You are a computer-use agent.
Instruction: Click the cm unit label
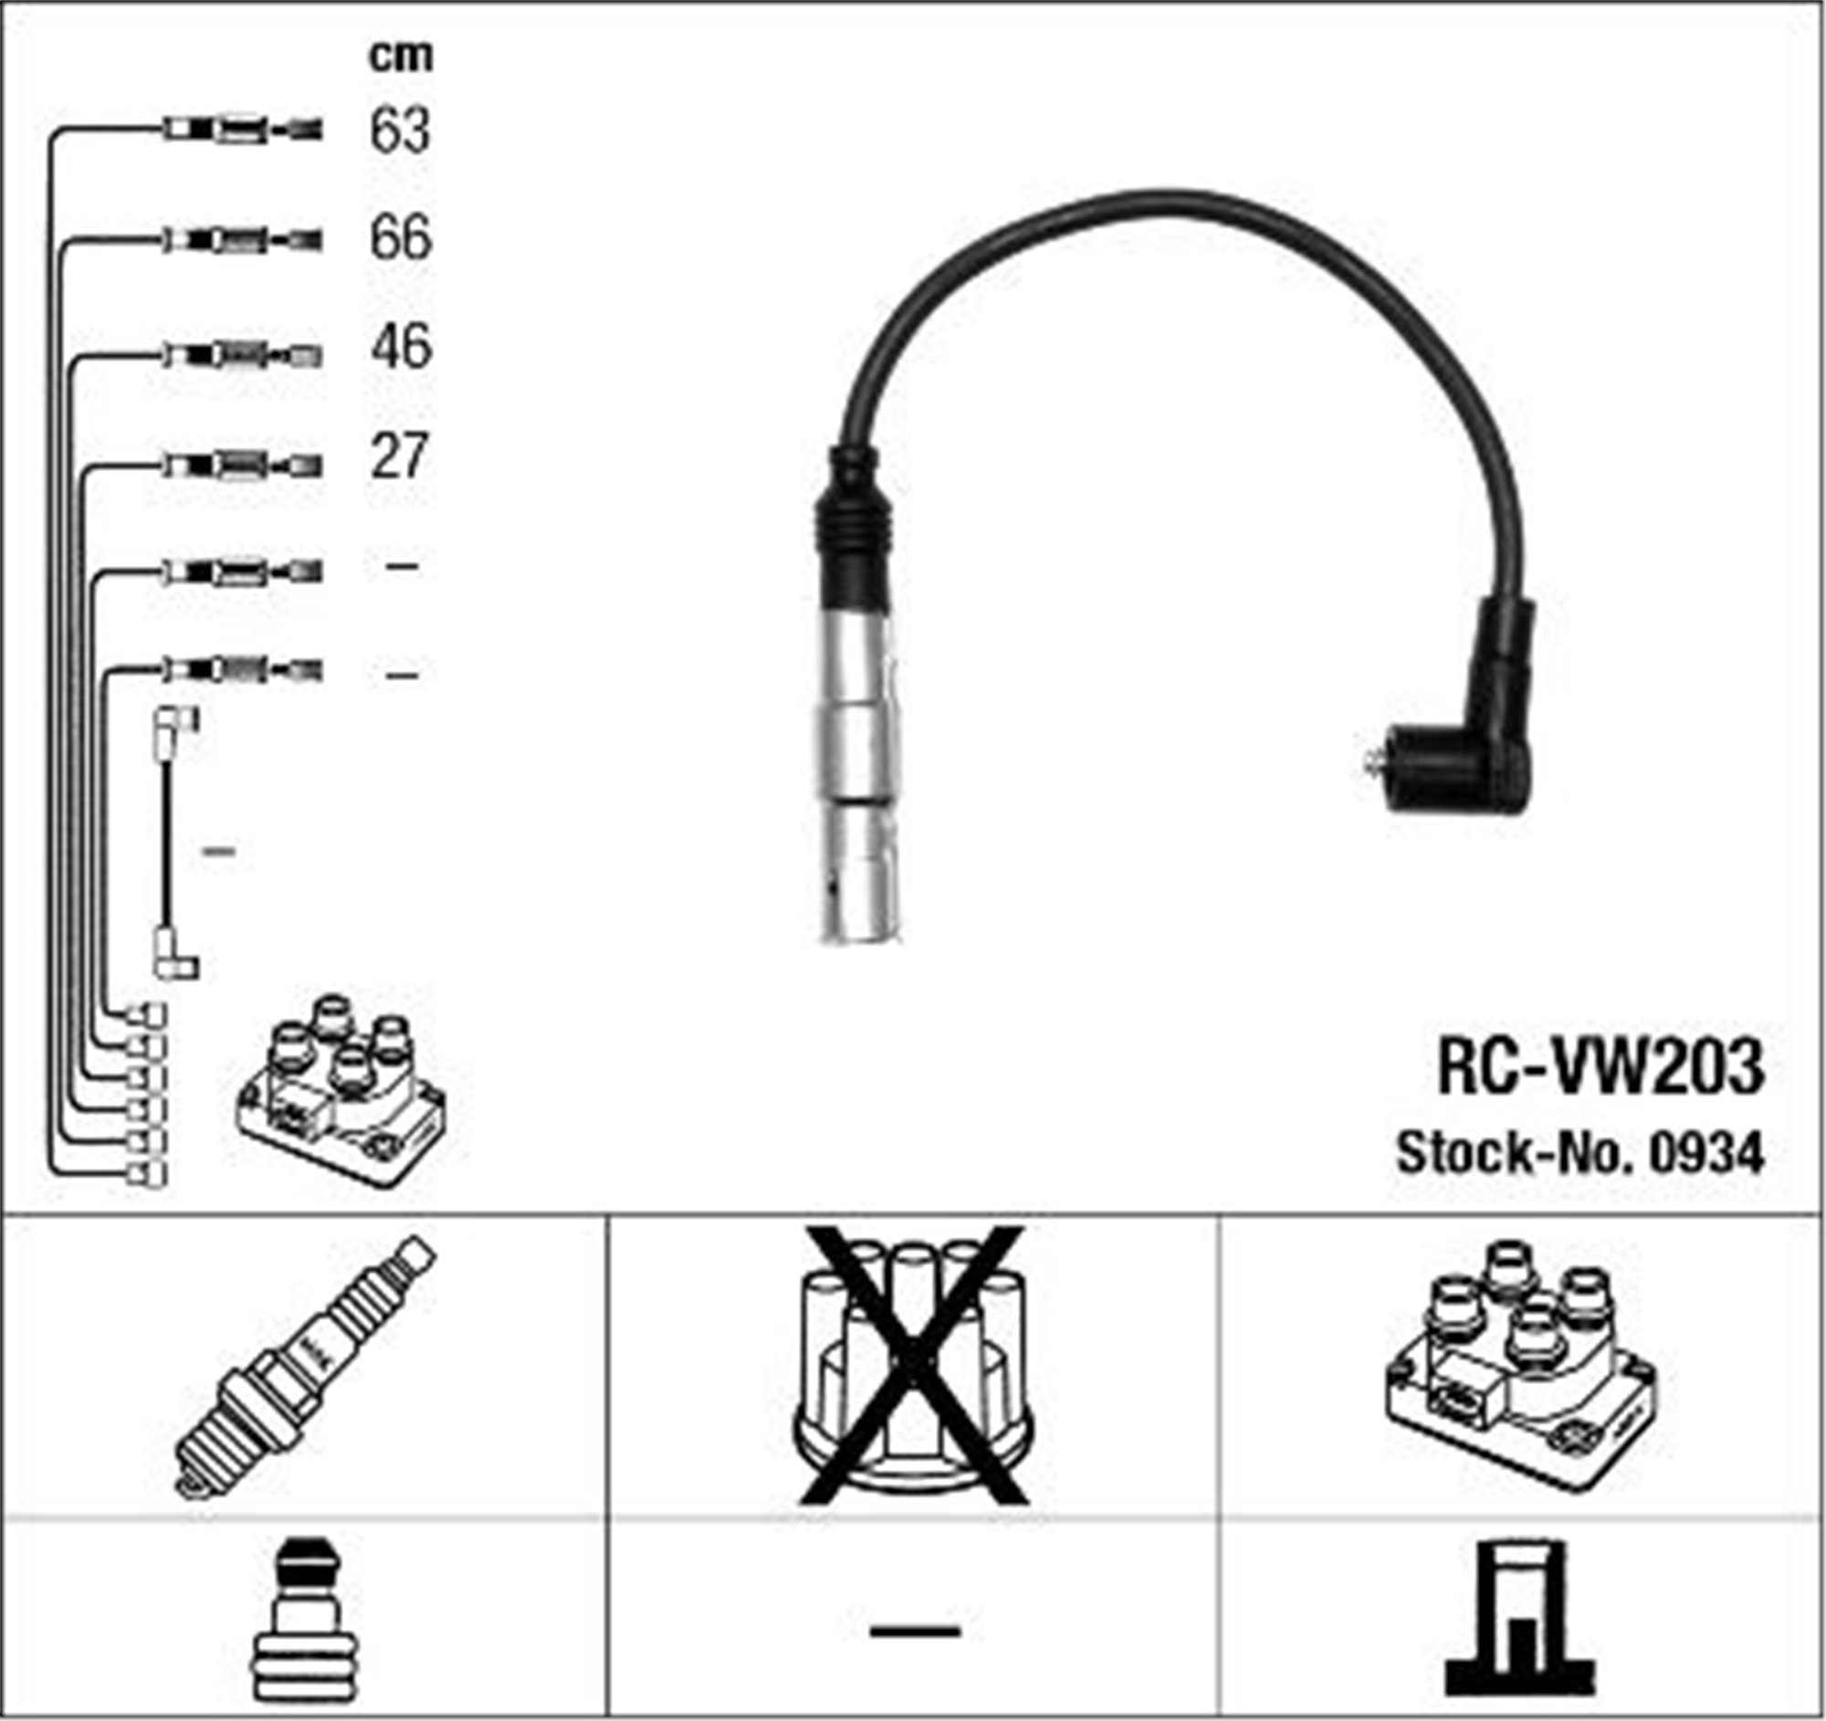coord(401,56)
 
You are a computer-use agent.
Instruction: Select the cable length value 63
coord(400,131)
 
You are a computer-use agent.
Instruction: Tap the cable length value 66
coord(400,238)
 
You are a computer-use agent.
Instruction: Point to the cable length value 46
coord(401,347)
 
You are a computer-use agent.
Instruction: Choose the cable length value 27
coord(399,456)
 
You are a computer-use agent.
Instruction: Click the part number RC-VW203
coord(1600,1067)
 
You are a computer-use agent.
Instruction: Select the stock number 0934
coord(1705,1154)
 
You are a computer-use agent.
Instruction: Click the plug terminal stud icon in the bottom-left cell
coord(302,1621)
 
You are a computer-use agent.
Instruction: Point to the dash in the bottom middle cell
coord(914,1631)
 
